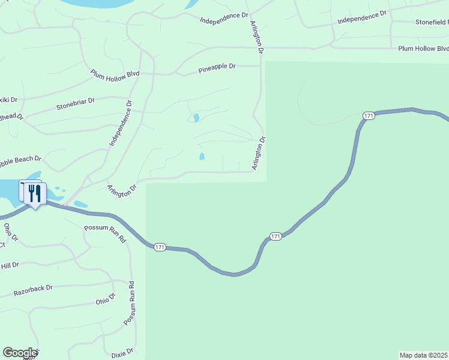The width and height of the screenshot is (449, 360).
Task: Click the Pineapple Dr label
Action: (217, 67)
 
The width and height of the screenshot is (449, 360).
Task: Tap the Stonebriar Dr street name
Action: (76, 104)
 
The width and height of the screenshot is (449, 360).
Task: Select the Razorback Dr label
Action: (33, 291)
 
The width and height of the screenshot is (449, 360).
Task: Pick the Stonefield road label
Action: (431, 22)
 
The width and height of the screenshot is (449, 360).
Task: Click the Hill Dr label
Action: (10, 265)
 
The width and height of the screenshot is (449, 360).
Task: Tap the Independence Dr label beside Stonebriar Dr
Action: (120, 124)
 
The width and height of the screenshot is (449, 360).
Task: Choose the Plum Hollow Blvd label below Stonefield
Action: (423, 49)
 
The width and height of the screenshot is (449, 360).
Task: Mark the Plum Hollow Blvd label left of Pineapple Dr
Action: (115, 74)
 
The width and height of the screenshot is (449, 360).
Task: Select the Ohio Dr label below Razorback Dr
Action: (104, 298)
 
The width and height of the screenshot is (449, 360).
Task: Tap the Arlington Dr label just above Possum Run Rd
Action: (122, 189)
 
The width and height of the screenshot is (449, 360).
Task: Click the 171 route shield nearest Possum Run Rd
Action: (160, 247)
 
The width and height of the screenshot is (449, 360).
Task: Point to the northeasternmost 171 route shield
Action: (369, 115)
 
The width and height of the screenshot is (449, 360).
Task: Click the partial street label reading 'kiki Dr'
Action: (8, 100)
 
